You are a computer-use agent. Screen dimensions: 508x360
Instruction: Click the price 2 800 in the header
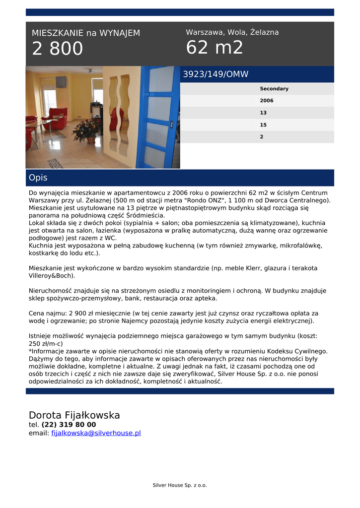click(x=58, y=49)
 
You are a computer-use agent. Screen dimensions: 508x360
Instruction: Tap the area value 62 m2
click(x=215, y=48)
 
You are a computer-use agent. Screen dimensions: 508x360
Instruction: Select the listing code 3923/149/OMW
click(x=216, y=74)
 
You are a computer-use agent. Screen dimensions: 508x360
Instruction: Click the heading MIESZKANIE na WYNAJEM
click(x=86, y=33)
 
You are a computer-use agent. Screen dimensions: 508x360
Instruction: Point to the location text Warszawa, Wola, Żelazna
click(x=232, y=32)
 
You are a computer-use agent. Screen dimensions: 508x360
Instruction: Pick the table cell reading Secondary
click(x=274, y=89)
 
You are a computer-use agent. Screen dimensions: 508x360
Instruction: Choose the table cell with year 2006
click(x=267, y=101)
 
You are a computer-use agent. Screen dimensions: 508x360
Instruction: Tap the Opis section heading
click(x=38, y=178)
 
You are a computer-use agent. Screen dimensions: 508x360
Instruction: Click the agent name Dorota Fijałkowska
click(x=74, y=415)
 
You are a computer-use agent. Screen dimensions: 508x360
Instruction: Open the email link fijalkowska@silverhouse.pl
click(x=96, y=433)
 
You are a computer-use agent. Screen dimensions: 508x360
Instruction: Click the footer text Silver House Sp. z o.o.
click(x=180, y=485)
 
